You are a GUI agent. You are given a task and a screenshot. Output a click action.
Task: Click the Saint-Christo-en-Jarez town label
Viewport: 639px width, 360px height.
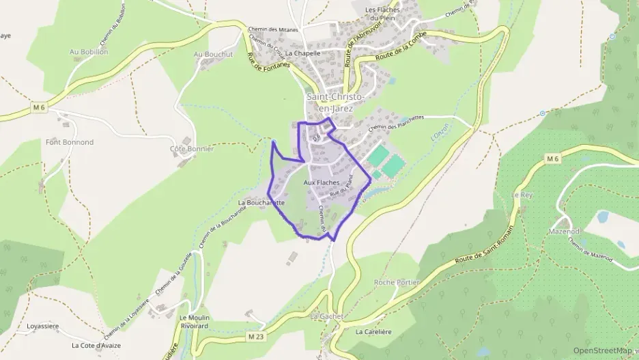(335, 102)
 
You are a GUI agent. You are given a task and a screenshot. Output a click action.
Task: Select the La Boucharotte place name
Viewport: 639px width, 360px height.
(261, 203)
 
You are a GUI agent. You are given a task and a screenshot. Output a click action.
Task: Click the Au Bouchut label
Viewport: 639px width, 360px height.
(213, 54)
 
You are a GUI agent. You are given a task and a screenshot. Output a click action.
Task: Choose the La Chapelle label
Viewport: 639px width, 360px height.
(303, 52)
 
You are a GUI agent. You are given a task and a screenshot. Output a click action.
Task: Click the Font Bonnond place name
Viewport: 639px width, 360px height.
(70, 142)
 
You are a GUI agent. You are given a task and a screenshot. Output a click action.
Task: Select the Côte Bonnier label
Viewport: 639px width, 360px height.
(192, 148)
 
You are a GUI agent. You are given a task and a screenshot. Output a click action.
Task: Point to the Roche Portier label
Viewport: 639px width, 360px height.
(397, 282)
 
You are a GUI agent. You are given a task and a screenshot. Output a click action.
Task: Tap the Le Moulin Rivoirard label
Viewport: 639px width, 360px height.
(195, 322)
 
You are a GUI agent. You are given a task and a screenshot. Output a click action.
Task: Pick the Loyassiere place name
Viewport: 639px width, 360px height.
(44, 326)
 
